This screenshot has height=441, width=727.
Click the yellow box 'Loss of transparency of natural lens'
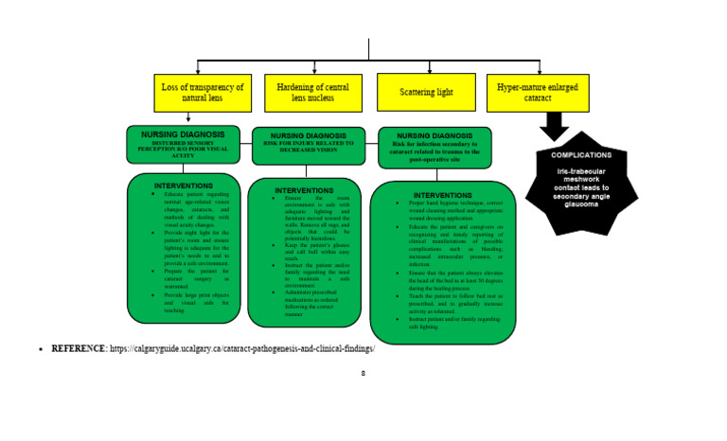(203, 93)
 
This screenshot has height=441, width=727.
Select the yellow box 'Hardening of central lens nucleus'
(312, 93)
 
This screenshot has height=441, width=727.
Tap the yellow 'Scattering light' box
(426, 93)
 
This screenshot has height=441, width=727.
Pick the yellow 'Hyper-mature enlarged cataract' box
(538, 92)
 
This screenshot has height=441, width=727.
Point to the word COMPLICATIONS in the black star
(581, 154)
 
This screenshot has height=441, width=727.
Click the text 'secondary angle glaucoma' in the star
(581, 199)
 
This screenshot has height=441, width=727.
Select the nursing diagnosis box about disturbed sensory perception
(183, 144)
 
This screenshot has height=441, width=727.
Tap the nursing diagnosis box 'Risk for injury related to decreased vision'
(309, 146)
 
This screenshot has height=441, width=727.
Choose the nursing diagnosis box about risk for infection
(434, 148)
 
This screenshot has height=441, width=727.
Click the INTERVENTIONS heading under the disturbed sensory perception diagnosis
(183, 185)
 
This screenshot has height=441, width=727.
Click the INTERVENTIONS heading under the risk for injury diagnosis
(304, 190)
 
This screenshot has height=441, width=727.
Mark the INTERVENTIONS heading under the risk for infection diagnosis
(442, 195)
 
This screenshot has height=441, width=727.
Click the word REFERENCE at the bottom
(79, 348)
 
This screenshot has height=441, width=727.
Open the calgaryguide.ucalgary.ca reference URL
(242, 348)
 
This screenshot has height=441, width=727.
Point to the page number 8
(363, 373)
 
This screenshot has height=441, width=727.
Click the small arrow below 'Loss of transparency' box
(188, 118)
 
